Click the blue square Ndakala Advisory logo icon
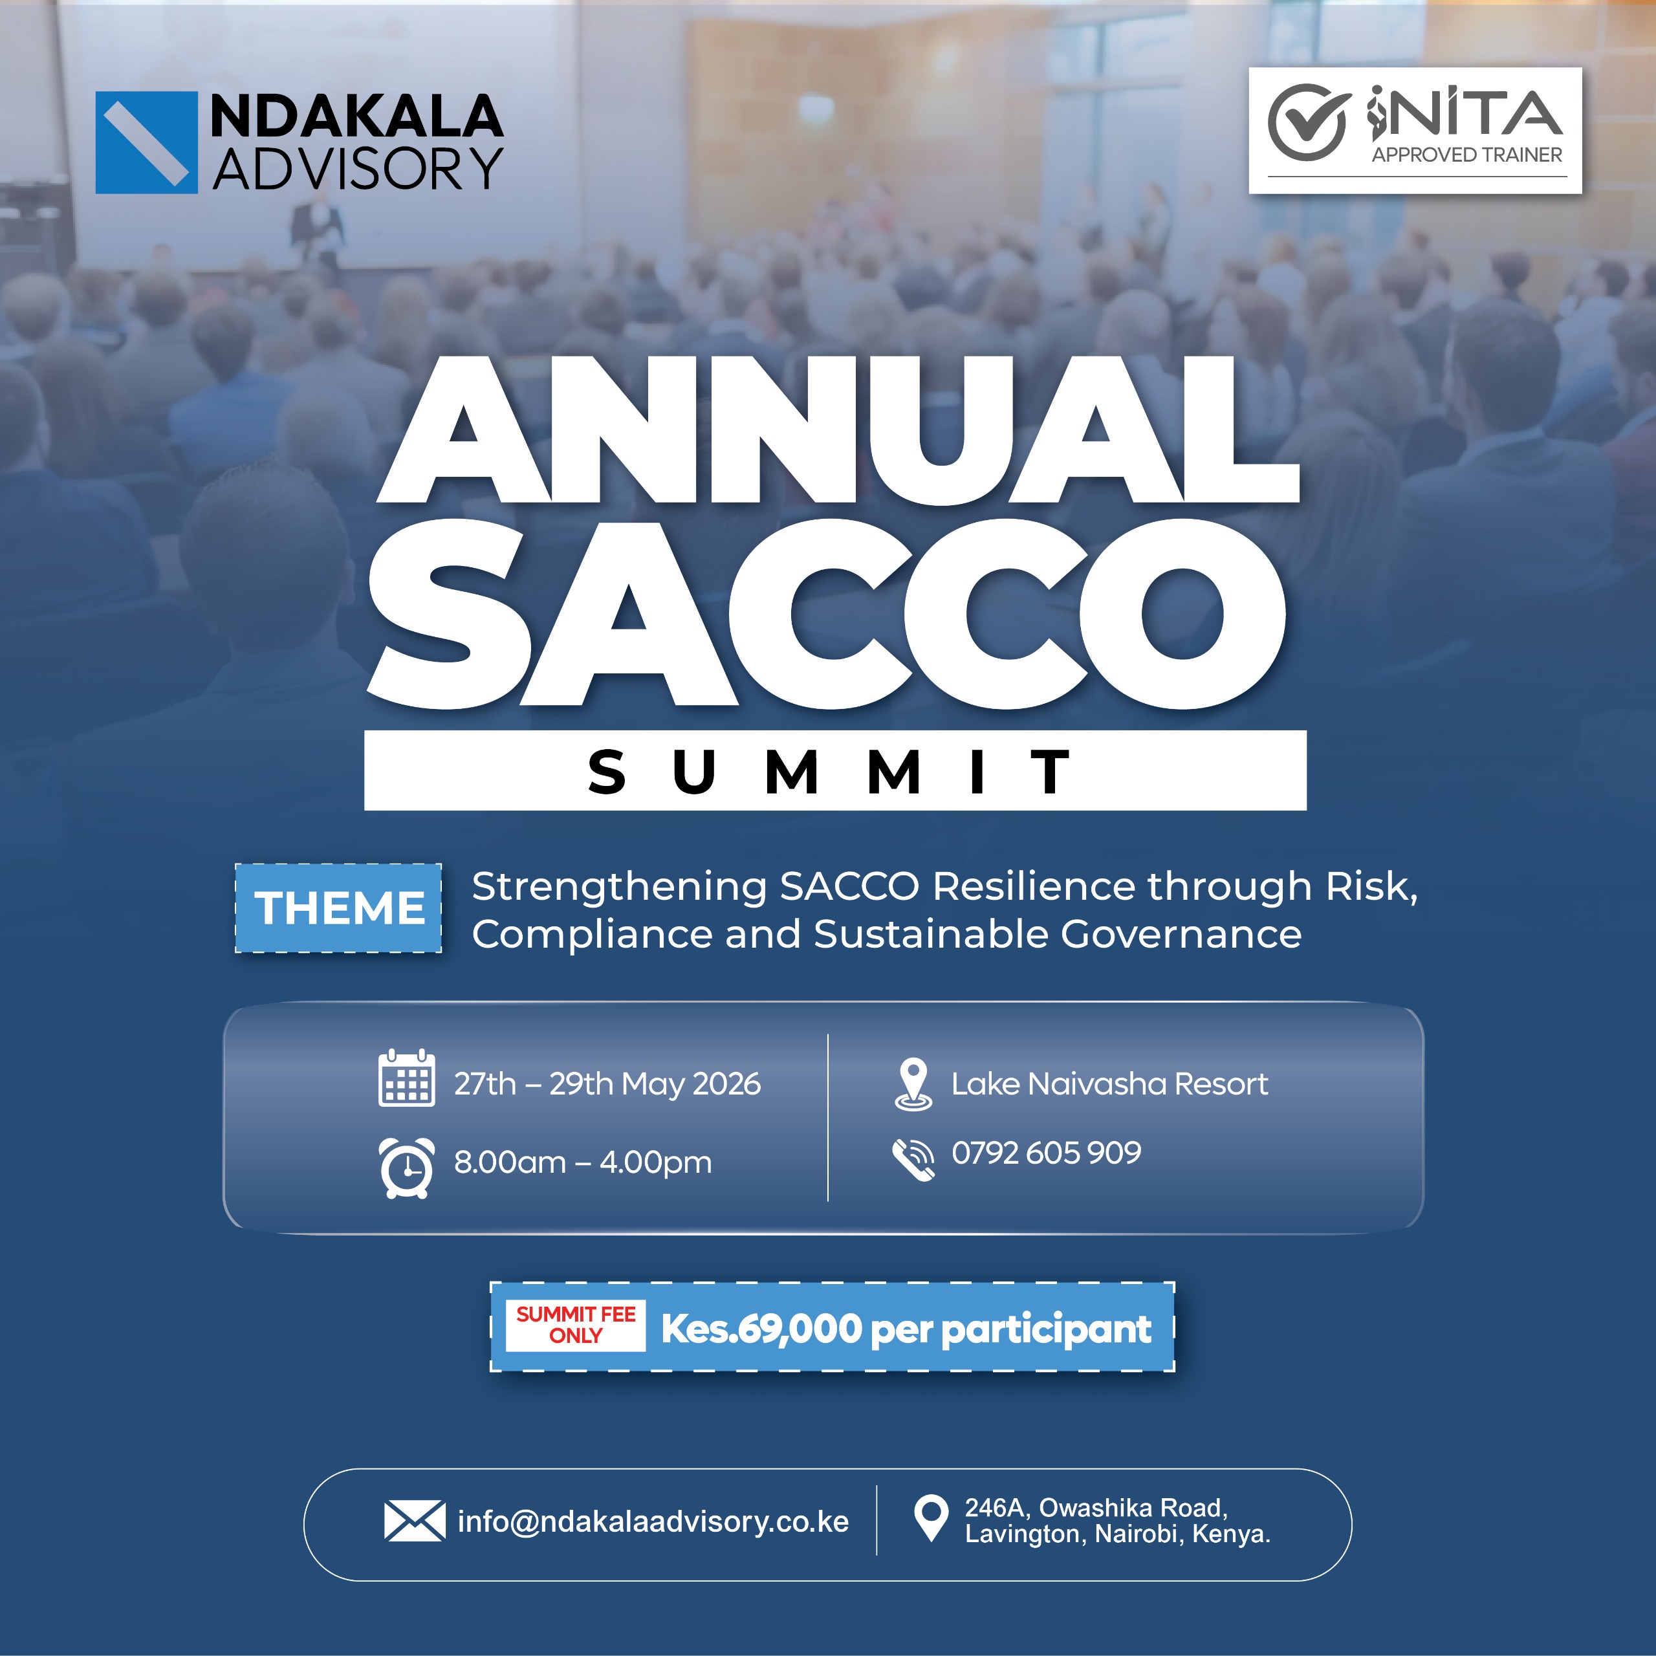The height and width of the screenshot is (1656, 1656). (x=146, y=142)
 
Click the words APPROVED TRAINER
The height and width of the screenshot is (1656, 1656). (x=1466, y=155)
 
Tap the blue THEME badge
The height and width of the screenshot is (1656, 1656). (x=338, y=908)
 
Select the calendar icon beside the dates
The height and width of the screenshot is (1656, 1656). (x=406, y=1078)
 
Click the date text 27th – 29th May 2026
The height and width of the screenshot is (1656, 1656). (x=607, y=1084)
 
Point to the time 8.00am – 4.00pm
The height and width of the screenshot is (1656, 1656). (x=583, y=1162)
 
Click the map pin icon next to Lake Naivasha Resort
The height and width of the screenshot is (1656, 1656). (x=913, y=1084)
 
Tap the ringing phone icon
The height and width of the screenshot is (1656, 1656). (x=914, y=1160)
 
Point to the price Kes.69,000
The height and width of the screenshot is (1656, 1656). (x=761, y=1329)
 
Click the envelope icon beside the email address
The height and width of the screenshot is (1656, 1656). (x=414, y=1521)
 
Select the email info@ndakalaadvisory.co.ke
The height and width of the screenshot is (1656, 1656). (x=653, y=1521)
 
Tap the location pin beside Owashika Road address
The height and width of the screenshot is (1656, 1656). (x=931, y=1518)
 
